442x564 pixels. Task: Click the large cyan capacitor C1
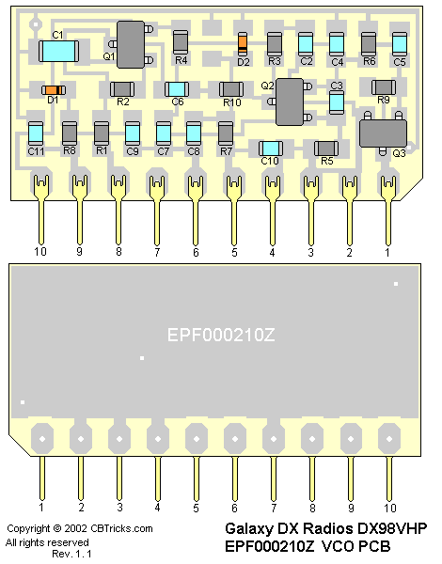tap(58, 51)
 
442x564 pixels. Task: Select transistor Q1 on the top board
tap(131, 44)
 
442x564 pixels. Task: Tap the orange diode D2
tap(243, 43)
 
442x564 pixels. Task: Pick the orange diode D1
tap(54, 90)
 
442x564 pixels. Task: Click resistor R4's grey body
tap(181, 42)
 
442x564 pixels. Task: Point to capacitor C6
tap(177, 89)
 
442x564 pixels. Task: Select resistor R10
tap(231, 89)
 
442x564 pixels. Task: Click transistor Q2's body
tap(290, 102)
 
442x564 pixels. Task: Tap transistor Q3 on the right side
tap(384, 133)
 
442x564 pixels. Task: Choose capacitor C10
tap(271, 149)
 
